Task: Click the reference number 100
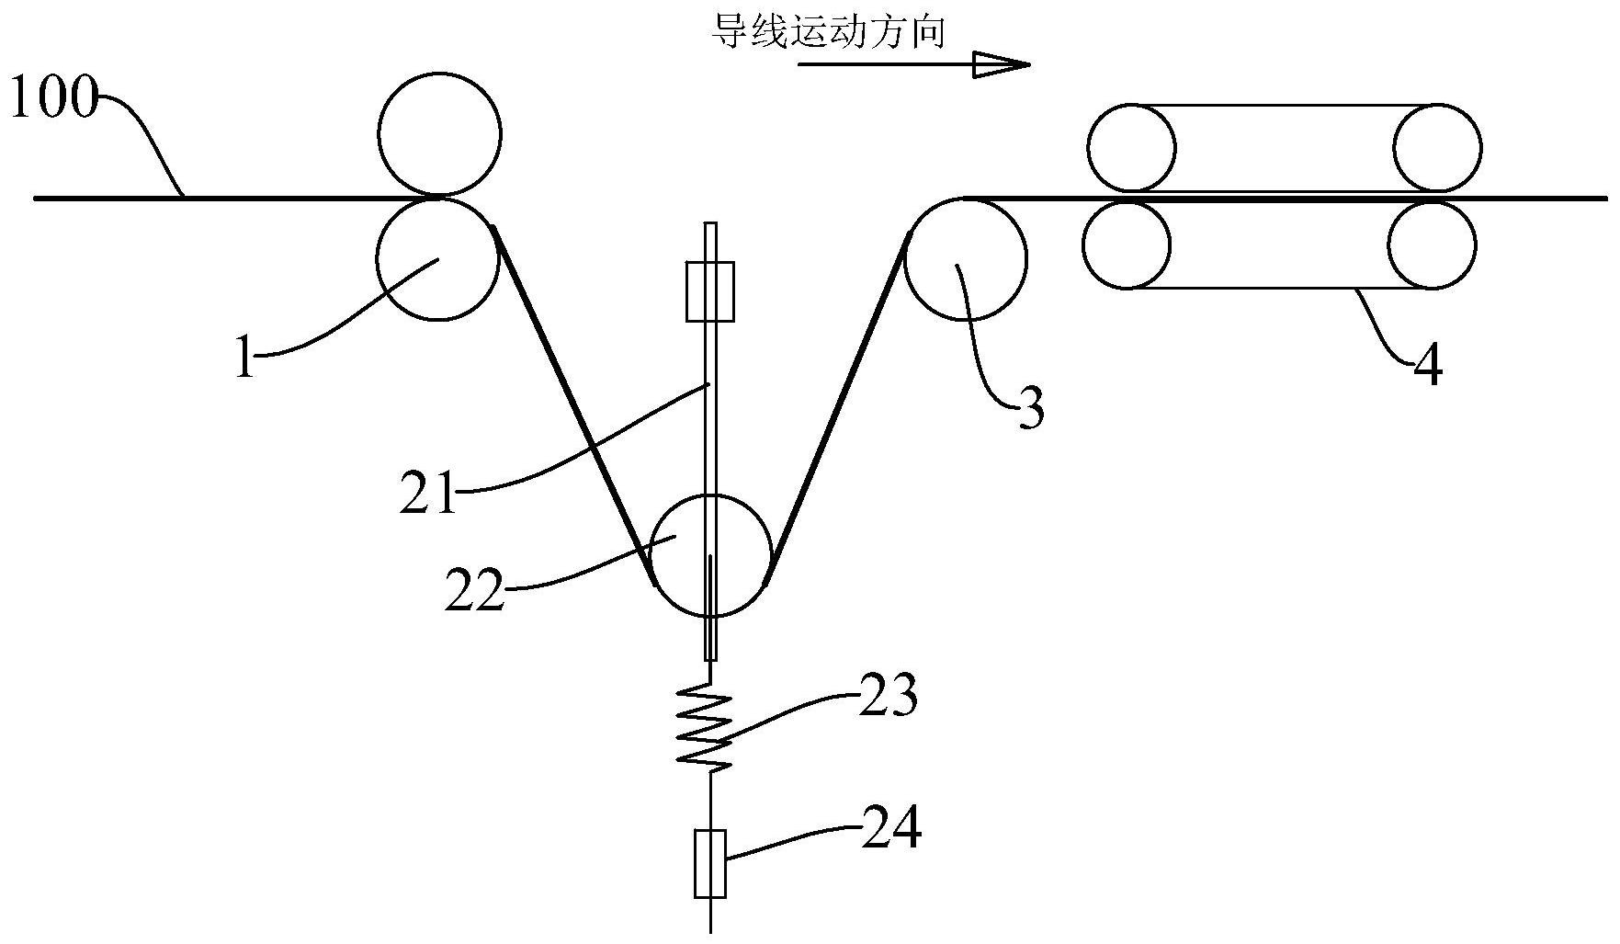pos(52,99)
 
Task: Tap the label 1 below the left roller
pos(243,358)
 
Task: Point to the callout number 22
pos(475,590)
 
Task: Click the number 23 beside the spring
pos(888,697)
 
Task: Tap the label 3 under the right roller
pos(1032,410)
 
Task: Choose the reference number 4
pos(1426,365)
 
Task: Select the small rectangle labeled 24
pos(710,863)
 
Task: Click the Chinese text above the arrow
pos(828,33)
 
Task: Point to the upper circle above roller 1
pos(439,134)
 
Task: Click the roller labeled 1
pos(438,259)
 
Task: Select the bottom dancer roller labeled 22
pos(710,555)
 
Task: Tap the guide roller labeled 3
pos(966,258)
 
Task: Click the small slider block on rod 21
pos(710,291)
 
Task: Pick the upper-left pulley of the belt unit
pos(1131,148)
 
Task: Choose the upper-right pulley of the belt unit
pos(1437,148)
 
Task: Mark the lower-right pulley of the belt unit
pos(1433,245)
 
